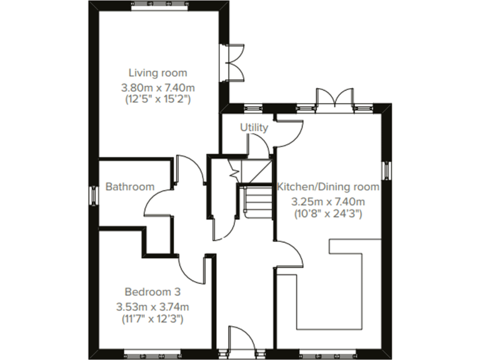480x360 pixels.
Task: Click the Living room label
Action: (x=157, y=72)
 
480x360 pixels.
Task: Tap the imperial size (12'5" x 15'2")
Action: (x=157, y=99)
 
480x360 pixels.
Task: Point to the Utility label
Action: (x=254, y=127)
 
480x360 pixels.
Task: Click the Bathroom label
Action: (x=129, y=186)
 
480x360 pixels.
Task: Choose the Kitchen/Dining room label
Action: (x=329, y=186)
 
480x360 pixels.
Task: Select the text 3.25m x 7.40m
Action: (x=329, y=201)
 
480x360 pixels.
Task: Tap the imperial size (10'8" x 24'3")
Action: (x=329, y=214)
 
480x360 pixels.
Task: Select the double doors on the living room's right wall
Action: (x=234, y=61)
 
